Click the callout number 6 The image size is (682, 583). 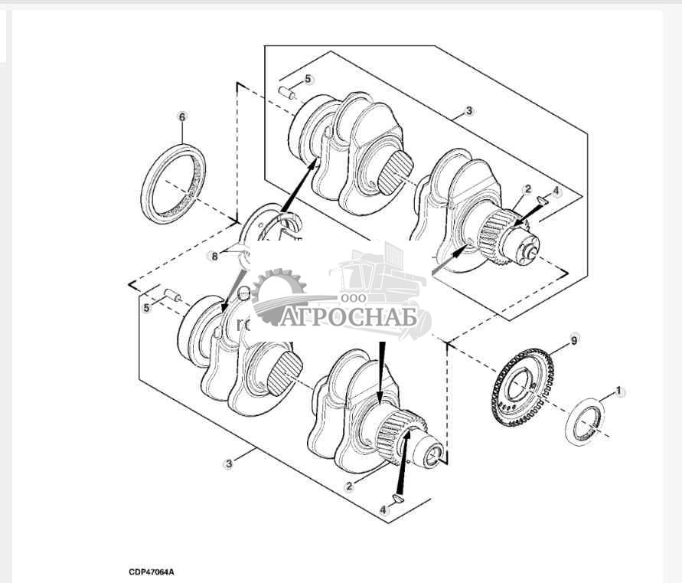click(x=181, y=117)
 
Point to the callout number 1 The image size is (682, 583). click(x=621, y=391)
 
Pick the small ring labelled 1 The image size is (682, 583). click(x=586, y=421)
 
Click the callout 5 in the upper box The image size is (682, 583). click(x=308, y=79)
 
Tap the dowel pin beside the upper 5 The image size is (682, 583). click(x=289, y=93)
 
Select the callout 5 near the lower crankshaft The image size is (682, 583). click(x=145, y=308)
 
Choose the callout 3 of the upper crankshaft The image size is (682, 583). click(x=469, y=110)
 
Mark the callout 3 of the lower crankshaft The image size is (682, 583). click(x=227, y=464)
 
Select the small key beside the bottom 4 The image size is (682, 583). click(x=396, y=499)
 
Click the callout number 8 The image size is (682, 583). click(x=215, y=256)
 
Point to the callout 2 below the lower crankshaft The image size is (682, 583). click(x=348, y=486)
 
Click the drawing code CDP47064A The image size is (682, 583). click(x=152, y=572)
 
